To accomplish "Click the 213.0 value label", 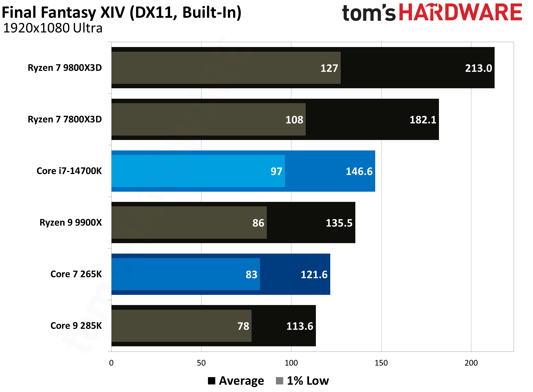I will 478,68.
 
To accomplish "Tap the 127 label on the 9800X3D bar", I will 329,68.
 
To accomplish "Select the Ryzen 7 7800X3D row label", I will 65,119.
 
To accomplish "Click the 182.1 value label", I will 422,120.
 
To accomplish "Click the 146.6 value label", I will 359,172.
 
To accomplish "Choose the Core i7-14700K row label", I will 69,171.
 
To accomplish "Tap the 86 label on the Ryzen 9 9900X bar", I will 258,223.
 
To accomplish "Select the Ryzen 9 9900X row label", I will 71,223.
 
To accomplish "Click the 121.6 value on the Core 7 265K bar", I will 314,275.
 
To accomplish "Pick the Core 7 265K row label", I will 76,274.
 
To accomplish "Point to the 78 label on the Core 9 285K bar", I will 243,326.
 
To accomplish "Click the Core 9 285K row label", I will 76,326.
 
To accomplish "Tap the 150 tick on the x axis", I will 381,363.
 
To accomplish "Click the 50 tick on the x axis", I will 201,363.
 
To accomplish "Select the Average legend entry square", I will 211,381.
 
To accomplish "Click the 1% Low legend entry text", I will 308,381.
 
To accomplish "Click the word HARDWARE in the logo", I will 460,12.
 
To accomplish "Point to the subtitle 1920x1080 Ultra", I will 53,28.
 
